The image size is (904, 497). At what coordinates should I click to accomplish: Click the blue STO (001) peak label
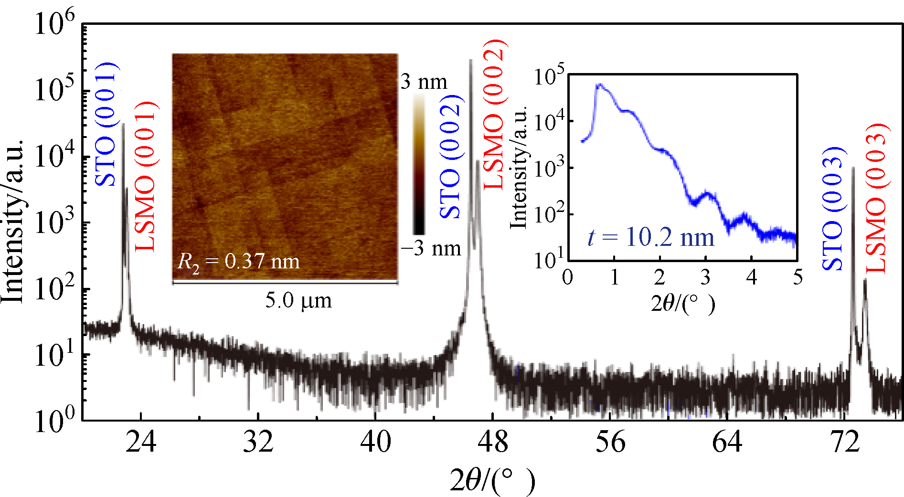[x=106, y=124]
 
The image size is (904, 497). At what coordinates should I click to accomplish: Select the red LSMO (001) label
[x=146, y=176]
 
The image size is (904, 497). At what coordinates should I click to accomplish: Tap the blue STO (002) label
[x=450, y=157]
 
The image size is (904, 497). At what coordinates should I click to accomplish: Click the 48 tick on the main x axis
[x=493, y=442]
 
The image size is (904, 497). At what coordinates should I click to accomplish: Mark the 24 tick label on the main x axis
[x=141, y=442]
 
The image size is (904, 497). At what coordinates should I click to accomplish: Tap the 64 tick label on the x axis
[x=727, y=442]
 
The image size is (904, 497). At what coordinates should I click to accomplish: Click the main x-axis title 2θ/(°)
[x=492, y=481]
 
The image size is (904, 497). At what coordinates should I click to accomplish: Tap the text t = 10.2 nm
[x=651, y=237]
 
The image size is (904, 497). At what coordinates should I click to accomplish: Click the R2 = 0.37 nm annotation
[x=238, y=262]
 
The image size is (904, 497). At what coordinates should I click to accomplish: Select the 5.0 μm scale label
[x=298, y=301]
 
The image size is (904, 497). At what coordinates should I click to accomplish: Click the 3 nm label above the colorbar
[x=424, y=82]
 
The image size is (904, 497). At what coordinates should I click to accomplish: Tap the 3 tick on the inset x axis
[x=705, y=277]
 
